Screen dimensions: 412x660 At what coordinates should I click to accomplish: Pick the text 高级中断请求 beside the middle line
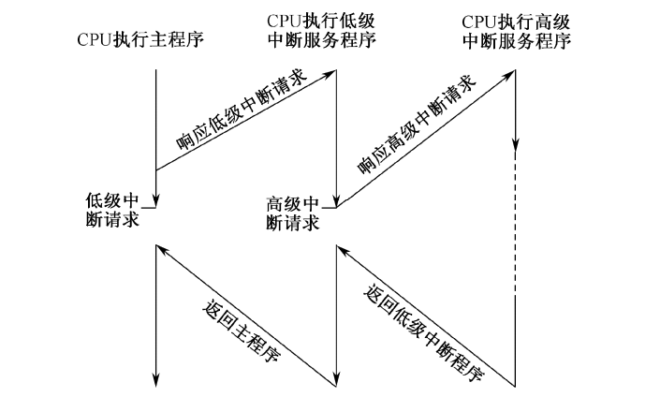[x=293, y=214]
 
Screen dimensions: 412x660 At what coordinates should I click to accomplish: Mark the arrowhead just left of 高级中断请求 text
[x=336, y=199]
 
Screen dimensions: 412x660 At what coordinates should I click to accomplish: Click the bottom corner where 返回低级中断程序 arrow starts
[x=516, y=384]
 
